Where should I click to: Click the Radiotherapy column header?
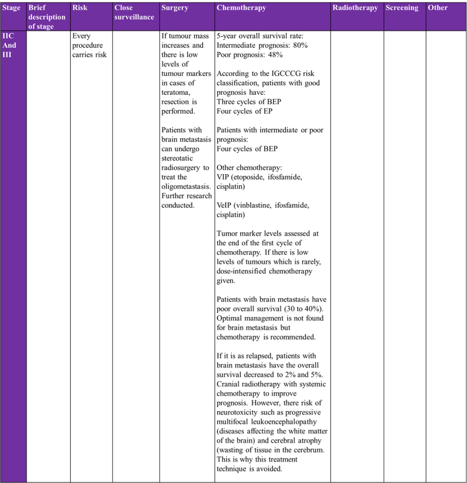pyautogui.click(x=355, y=8)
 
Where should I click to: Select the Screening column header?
pyautogui.click(x=401, y=8)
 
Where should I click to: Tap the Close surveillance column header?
pyautogui.click(x=134, y=12)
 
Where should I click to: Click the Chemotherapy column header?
pyautogui.click(x=241, y=8)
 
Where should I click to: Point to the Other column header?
pyautogui.click(x=437, y=8)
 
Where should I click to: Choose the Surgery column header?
pyautogui.click(x=175, y=8)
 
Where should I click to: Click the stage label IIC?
pyautogui.click(x=9, y=36)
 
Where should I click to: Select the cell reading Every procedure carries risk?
pyautogui.click(x=90, y=45)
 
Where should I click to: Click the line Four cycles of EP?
pyautogui.click(x=244, y=111)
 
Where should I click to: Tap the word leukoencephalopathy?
pyautogui.click(x=287, y=422)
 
